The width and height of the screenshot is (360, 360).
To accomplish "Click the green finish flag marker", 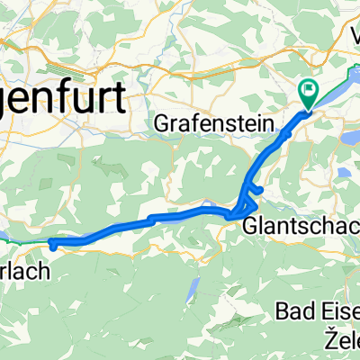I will pos(308,91).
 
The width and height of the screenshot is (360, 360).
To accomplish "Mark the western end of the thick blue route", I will pos(53,244).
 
